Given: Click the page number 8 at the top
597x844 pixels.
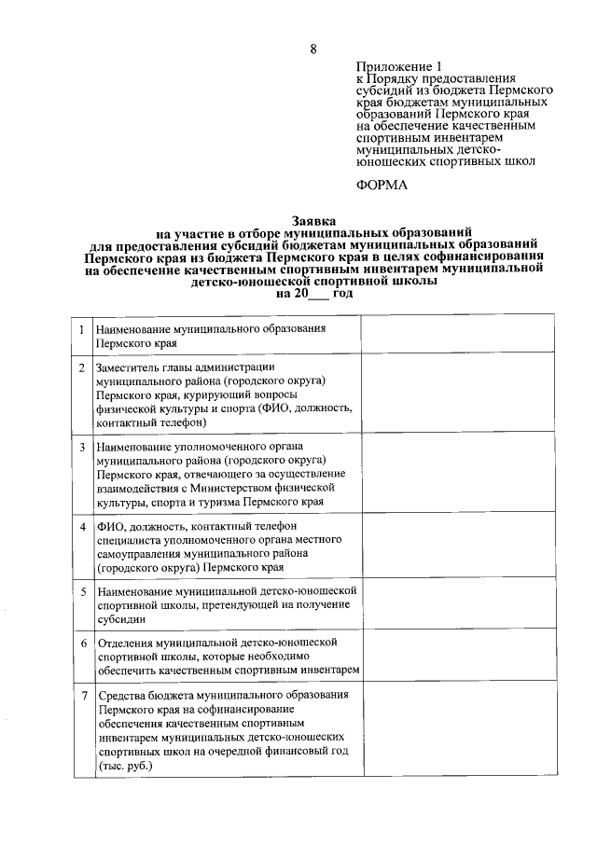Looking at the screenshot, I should (x=313, y=49).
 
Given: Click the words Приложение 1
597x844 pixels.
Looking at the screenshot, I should (x=397, y=66).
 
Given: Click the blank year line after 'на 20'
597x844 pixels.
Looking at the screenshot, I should (x=319, y=293).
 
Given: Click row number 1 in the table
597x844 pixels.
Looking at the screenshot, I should (x=82, y=330).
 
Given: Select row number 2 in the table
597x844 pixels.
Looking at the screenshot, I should (x=82, y=367).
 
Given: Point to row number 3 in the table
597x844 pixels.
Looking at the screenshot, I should (x=82, y=447).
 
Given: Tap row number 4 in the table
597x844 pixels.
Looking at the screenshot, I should (x=82, y=526).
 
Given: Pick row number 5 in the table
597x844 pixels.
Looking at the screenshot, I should (x=82, y=591).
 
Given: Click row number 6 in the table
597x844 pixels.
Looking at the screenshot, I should (x=82, y=643).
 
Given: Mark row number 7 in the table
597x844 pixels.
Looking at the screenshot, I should (x=82, y=696).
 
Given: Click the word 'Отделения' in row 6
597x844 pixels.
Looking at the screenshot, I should (x=123, y=643).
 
